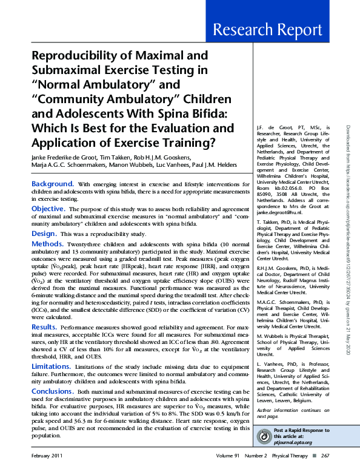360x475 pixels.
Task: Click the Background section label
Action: tap(53, 183)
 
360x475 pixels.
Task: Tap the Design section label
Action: tap(44, 233)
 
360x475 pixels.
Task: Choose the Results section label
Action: tap(45, 326)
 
